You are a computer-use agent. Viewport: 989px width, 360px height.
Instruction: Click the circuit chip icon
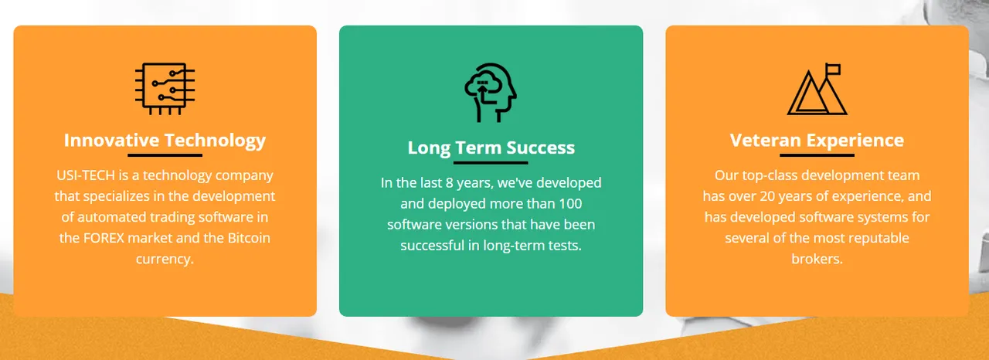[x=165, y=89]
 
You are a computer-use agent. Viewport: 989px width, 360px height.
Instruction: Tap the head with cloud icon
[x=491, y=93]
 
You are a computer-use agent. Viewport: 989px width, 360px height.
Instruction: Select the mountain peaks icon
[x=817, y=89]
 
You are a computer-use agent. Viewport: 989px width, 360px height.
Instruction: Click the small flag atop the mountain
[x=833, y=70]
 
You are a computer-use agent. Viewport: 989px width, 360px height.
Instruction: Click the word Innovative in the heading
[x=112, y=141]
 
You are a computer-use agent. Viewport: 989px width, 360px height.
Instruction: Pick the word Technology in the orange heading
[x=215, y=141]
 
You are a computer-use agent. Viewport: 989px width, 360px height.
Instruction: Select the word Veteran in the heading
[x=765, y=141]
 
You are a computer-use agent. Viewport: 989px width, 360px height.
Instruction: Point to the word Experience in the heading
[x=855, y=141]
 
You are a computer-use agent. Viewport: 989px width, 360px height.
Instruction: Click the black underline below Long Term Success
[x=491, y=163]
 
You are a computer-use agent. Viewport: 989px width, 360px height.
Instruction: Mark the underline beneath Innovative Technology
[x=165, y=155]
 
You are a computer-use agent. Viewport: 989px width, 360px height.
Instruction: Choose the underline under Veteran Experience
[x=817, y=155]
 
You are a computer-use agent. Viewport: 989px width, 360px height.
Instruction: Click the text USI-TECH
[x=86, y=175]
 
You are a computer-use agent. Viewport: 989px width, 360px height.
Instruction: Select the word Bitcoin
[x=249, y=238]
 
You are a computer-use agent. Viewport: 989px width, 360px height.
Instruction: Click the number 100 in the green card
[x=570, y=204]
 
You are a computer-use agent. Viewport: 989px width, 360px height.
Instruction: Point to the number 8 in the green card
[x=450, y=183]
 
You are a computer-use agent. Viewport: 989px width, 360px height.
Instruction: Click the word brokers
[x=817, y=259]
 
